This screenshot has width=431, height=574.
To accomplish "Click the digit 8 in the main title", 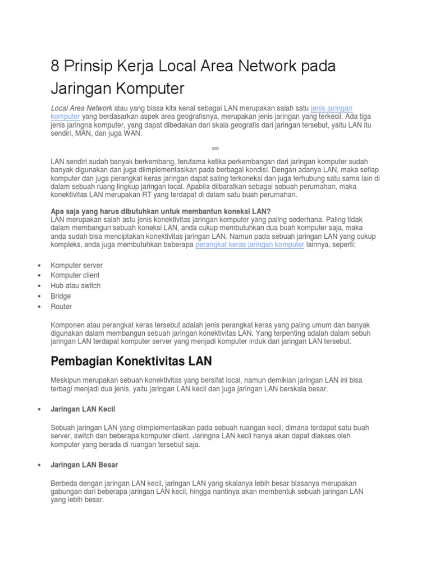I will (x=55, y=66).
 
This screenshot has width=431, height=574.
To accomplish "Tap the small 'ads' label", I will (x=215, y=148).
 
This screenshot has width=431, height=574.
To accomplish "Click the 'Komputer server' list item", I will (x=76, y=265).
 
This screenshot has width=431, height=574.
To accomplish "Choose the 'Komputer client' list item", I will (x=75, y=275).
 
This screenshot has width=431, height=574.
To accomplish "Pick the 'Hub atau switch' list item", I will (x=76, y=286).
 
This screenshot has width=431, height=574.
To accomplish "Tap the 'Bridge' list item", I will (x=61, y=296).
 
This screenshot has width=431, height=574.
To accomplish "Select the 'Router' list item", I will (x=61, y=307).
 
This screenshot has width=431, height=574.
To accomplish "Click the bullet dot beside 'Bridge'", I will (x=38, y=297).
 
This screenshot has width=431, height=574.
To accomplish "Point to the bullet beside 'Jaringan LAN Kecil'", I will (x=38, y=410).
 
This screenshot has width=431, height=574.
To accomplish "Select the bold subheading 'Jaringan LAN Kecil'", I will (x=82, y=409).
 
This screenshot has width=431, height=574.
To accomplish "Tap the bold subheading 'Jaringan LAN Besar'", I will (x=84, y=465).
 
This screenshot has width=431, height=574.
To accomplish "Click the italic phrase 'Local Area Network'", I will (x=81, y=108).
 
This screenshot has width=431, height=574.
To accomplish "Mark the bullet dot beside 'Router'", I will (x=38, y=307).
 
